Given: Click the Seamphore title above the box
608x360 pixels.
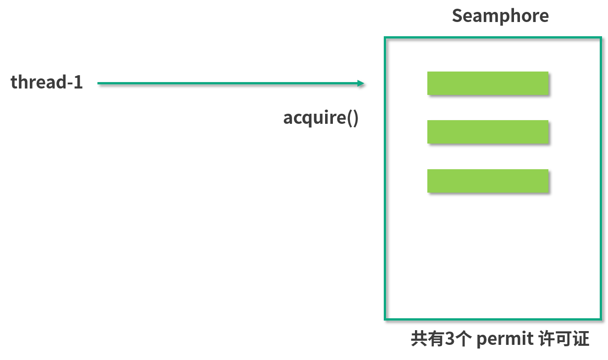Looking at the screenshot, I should tap(500, 16).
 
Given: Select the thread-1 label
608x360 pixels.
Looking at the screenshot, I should tap(47, 83).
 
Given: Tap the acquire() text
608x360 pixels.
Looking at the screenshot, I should tap(321, 118).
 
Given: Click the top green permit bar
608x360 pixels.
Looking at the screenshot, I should tap(487, 83).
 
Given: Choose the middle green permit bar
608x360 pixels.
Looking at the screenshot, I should tap(487, 132).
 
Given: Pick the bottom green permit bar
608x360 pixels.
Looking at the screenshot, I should tap(487, 181).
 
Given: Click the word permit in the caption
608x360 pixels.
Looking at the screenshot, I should tap(505, 340).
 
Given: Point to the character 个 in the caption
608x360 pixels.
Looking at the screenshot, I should tap(463, 340).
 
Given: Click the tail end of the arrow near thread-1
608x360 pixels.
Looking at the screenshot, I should tap(99, 83).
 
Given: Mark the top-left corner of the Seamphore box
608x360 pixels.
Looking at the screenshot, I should tap(385, 38).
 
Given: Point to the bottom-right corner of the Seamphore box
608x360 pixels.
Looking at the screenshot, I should tap(601, 319).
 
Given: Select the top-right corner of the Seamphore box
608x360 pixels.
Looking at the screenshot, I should tap(601, 38).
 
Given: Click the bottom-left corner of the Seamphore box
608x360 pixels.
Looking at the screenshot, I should tap(385, 319).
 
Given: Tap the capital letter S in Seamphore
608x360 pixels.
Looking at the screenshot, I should tap(457, 16).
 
